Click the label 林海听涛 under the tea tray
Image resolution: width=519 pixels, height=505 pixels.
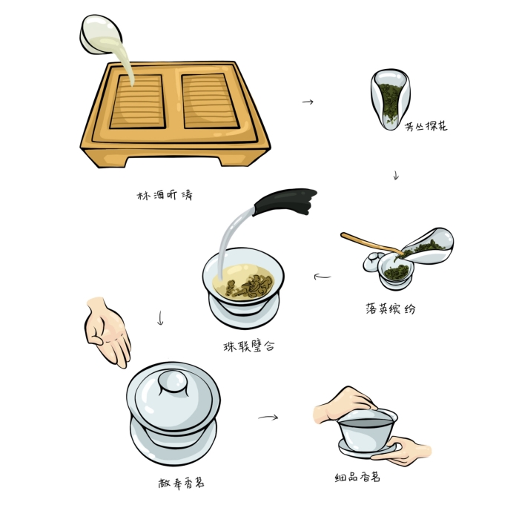pos(165,195)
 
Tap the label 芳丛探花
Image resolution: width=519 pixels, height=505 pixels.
pos(426,126)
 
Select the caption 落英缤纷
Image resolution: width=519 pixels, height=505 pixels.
pos(390,308)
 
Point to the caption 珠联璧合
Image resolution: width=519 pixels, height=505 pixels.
pos(249,346)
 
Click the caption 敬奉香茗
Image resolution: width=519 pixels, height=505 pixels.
pos(181,483)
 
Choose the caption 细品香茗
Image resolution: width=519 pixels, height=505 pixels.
pos(357,477)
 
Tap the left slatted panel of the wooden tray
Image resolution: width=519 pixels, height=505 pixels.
pos(137,102)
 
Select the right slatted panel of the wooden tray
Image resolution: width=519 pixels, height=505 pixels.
pos(211,101)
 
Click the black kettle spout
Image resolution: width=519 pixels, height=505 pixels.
pos(284,201)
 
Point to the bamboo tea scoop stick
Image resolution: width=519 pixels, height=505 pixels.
pos(371,244)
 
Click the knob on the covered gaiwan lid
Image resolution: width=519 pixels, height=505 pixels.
pos(173,381)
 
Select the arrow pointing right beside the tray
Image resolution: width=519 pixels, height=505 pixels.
pos(308,102)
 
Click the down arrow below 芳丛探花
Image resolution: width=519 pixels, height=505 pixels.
pos(396,175)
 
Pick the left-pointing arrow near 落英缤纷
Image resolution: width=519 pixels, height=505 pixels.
pos(322,276)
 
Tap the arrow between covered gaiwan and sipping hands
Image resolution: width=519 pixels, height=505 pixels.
pos(268,417)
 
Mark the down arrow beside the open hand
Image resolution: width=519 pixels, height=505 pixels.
pos(161,318)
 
